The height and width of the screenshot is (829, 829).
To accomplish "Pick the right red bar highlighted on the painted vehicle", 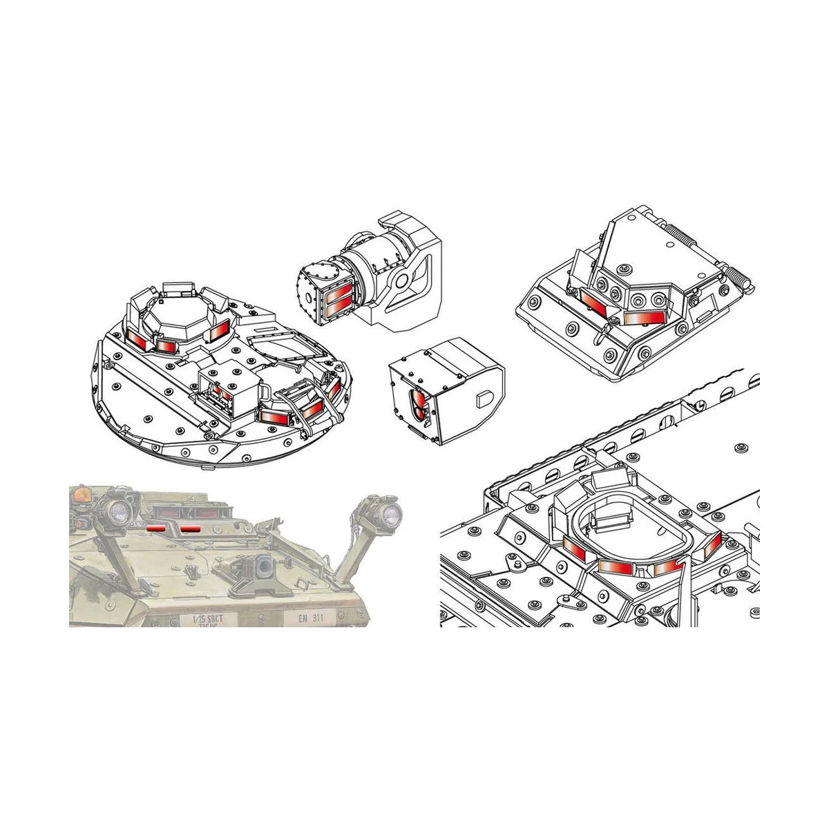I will coord(189,528).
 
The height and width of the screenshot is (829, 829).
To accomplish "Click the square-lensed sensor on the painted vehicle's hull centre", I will coord(263,566).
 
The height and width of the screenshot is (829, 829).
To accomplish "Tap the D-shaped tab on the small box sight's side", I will coord(484,399).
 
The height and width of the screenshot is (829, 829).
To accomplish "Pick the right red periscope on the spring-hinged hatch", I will coord(642,317).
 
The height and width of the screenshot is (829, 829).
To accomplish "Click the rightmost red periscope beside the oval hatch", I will coord(712,547).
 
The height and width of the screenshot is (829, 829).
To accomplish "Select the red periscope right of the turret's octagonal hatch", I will coord(218,330).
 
